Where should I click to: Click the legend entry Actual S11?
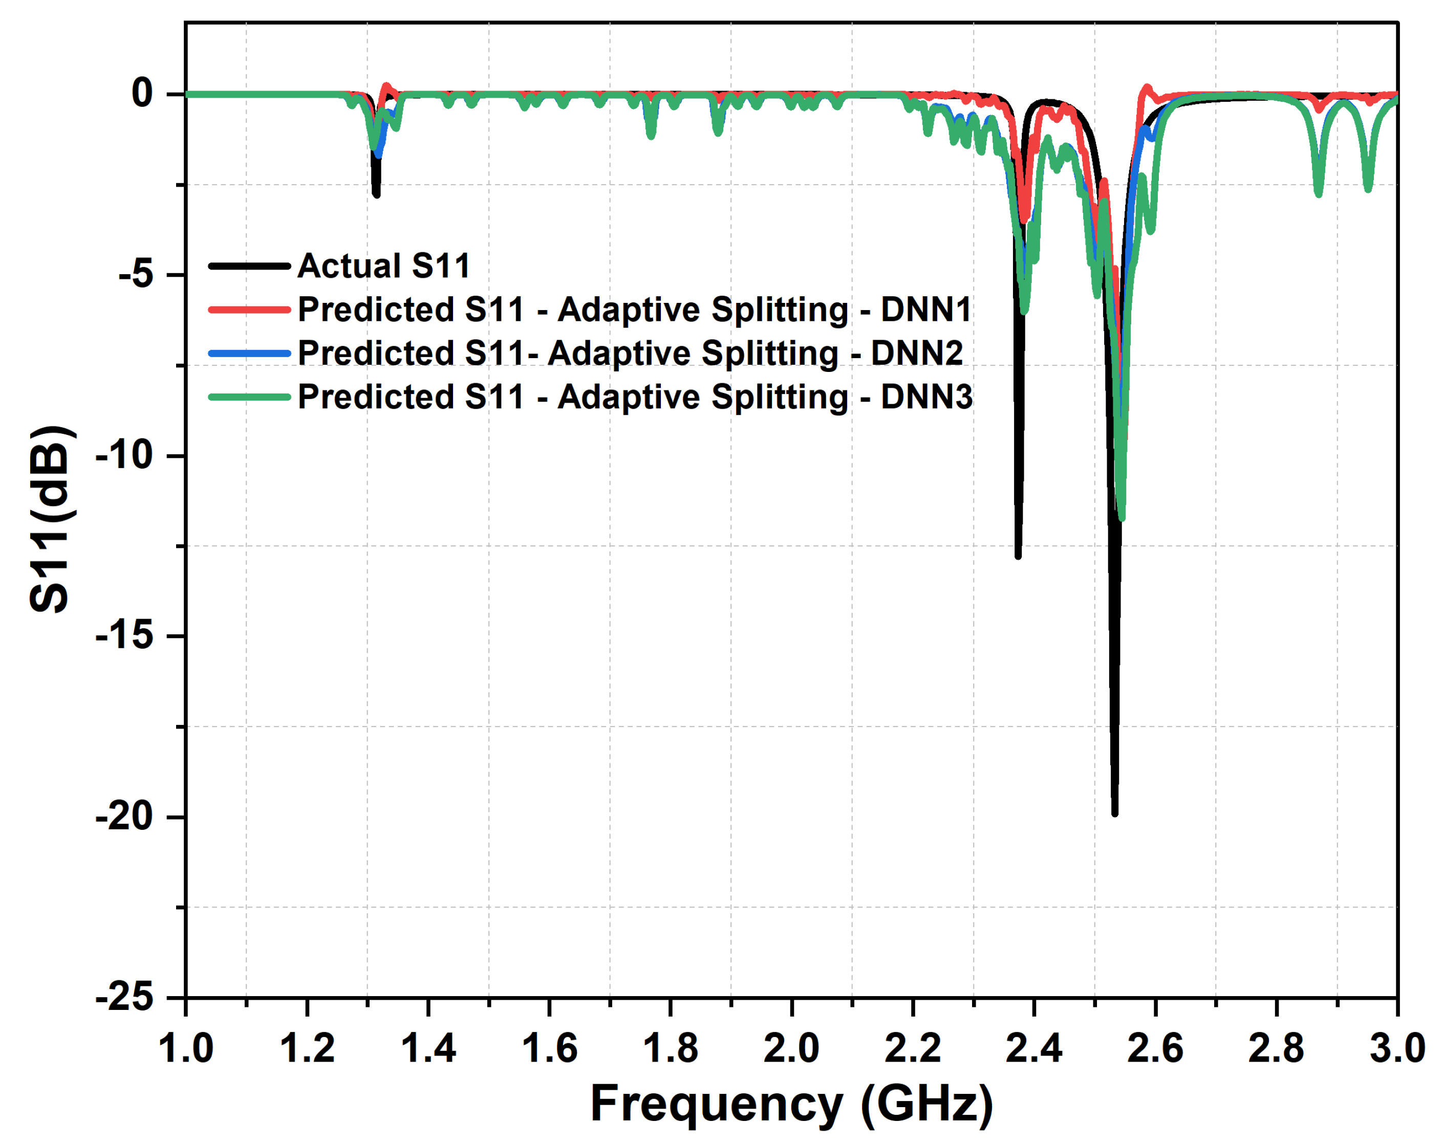tap(384, 266)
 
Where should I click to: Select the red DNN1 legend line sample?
tap(249, 310)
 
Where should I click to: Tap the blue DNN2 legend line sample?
tap(249, 353)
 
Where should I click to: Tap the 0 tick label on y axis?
tap(143, 93)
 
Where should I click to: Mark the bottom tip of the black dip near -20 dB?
tap(1114, 813)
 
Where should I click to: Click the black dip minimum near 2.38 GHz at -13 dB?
tap(1018, 556)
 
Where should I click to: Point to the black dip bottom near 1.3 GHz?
tap(376, 194)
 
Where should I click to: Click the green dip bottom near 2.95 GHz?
tap(1368, 189)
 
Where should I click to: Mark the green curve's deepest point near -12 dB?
tap(1122, 518)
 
